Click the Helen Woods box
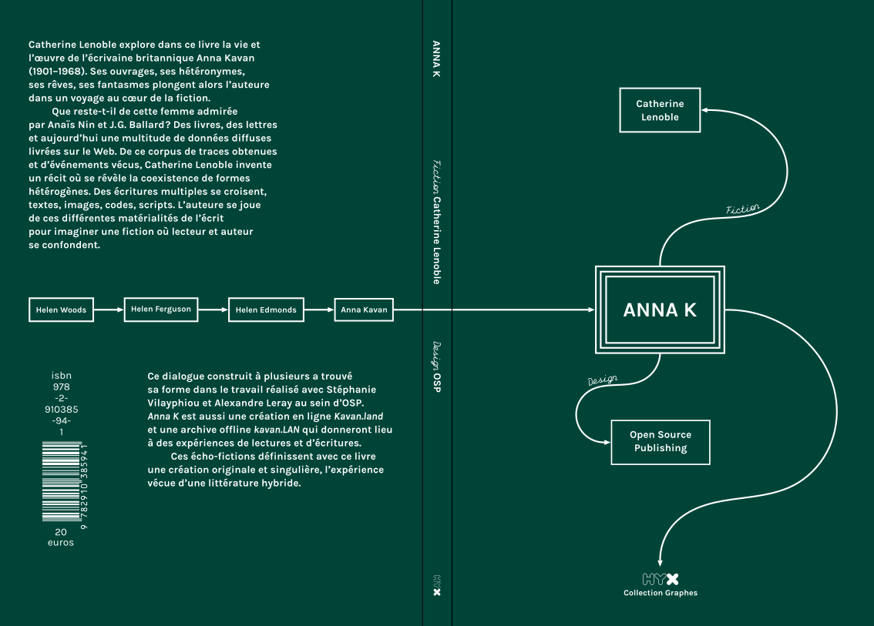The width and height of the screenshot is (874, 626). tap(61, 310)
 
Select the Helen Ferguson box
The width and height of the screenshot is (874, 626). tap(161, 310)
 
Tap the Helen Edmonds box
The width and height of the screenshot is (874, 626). tap(266, 310)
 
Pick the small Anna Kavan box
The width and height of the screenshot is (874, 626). tap(364, 310)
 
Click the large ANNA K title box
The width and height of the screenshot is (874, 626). tap(660, 310)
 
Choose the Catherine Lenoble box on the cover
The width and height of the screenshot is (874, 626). tap(660, 110)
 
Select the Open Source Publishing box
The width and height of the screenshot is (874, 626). tap(660, 441)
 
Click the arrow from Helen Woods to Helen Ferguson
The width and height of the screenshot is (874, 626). tap(109, 310)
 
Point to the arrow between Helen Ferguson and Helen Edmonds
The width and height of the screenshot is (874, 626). tap(213, 310)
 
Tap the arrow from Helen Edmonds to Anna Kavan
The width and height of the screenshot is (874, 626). tap(319, 310)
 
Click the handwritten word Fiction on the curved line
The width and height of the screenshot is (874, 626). tap(743, 209)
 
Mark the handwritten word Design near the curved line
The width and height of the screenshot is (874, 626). tap(603, 380)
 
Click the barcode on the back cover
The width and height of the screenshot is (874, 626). tap(62, 481)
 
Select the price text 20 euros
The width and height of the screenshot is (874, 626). tap(61, 537)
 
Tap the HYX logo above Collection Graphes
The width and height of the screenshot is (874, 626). tap(661, 579)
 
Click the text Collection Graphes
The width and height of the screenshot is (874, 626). tap(661, 593)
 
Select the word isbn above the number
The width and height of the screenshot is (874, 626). tap(61, 375)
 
